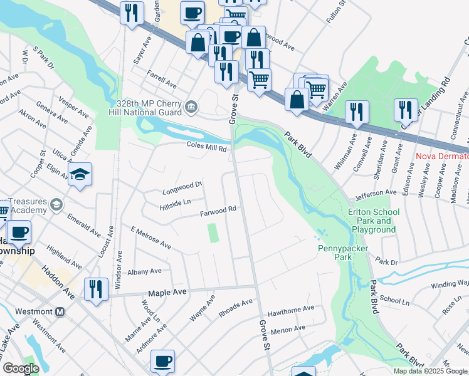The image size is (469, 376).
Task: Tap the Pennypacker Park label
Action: tap(343, 253)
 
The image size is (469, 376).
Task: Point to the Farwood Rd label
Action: tap(218, 211)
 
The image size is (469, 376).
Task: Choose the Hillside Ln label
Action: tap(175, 201)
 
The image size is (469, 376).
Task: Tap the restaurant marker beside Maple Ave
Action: tap(95, 290)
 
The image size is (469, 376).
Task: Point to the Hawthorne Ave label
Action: tap(290, 309)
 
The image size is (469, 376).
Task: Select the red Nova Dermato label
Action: tap(443, 155)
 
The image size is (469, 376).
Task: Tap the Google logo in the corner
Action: tap(20, 368)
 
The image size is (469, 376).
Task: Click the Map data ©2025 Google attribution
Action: tap(429, 371)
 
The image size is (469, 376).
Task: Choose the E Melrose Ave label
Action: tap(150, 237)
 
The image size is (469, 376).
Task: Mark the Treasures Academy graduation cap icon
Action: tap(56, 205)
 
